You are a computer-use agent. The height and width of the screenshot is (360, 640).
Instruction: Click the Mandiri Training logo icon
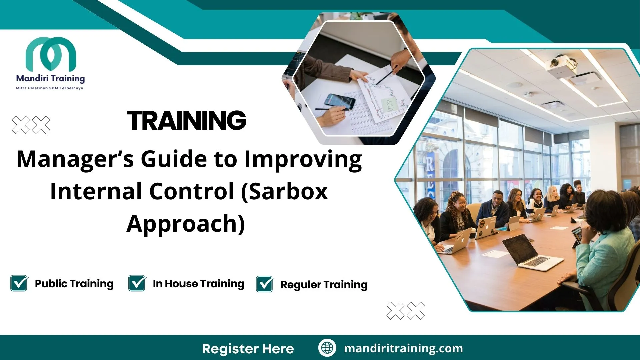51,54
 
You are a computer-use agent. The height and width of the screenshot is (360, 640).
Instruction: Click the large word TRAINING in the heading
186,120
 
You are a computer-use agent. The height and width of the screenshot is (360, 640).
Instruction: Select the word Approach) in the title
186,224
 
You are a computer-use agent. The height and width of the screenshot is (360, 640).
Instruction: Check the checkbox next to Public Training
19,283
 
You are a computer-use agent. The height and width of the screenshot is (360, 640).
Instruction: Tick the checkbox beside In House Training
137,283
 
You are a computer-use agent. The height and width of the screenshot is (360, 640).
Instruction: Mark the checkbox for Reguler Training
265,284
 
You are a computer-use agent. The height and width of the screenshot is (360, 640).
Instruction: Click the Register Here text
248,349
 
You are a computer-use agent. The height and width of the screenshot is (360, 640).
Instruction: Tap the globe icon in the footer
327,348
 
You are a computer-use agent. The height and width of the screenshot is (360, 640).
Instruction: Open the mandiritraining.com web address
403,348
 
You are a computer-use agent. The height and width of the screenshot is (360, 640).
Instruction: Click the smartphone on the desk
339,101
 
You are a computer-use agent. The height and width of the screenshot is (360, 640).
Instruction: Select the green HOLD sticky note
389,105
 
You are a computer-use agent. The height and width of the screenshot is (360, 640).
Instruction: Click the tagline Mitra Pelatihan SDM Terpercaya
50,88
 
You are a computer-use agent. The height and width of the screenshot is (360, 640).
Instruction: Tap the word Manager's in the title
75,159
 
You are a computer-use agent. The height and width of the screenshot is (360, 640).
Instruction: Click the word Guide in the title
173,159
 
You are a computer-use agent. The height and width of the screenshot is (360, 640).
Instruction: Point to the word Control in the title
191,192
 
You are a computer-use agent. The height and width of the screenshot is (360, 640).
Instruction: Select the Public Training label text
74,284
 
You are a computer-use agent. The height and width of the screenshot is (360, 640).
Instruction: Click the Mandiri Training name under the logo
50,79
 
